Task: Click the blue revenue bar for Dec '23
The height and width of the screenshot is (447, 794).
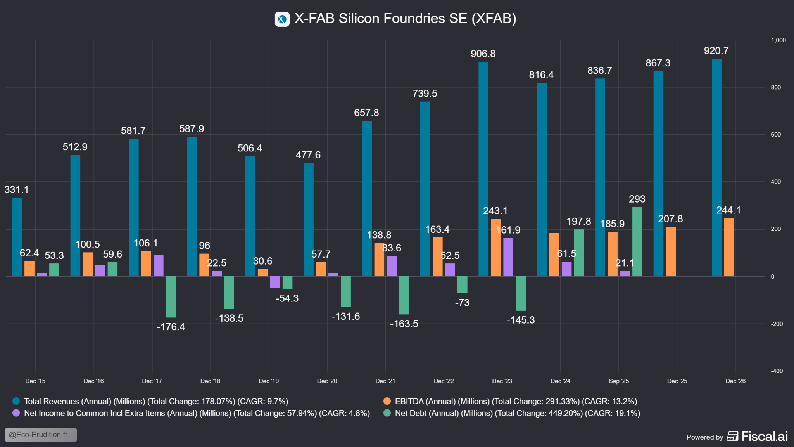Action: [x=483, y=169]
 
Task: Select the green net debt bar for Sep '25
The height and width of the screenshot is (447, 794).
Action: [x=637, y=241]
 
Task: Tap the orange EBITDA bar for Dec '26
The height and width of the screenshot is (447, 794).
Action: [x=729, y=247]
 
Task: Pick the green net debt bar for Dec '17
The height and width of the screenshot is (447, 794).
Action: [x=171, y=297]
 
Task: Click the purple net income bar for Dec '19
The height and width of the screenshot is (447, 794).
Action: [x=275, y=282]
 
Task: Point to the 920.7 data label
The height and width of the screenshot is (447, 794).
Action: [x=716, y=51]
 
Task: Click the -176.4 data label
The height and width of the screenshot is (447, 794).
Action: [x=171, y=327]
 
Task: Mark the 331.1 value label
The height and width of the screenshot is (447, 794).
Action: [x=16, y=190]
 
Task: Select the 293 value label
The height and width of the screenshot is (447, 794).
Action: [x=637, y=199]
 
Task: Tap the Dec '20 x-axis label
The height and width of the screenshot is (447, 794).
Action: [x=327, y=381]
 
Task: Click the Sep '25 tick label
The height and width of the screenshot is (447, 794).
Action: [x=619, y=381]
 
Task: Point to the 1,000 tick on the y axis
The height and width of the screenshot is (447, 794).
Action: [x=778, y=40]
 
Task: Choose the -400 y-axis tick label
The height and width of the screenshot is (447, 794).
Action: [x=777, y=371]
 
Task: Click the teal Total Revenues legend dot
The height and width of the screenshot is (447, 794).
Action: [x=16, y=401]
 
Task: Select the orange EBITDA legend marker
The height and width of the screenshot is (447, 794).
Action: [x=387, y=401]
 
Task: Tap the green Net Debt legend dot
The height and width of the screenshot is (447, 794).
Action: [x=387, y=413]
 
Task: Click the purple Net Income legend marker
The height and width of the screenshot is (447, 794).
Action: [x=16, y=413]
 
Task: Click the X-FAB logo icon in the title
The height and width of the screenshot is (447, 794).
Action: [x=282, y=19]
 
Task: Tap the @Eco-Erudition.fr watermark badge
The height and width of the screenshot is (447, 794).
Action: [x=41, y=435]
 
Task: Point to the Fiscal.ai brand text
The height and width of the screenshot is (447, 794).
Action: [x=764, y=437]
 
